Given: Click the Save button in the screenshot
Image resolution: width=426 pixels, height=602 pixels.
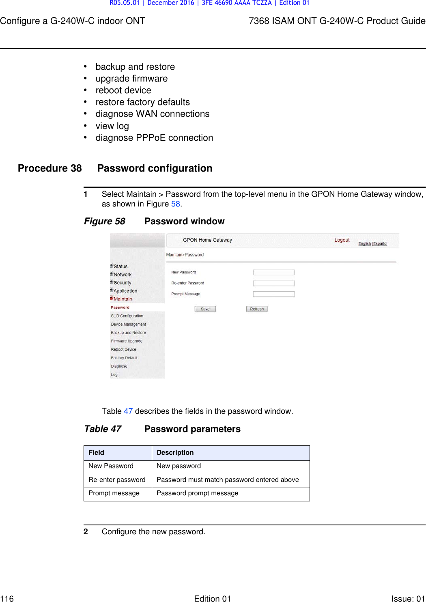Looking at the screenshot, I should [x=205, y=309].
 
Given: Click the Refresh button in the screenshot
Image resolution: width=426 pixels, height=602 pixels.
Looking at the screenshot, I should [x=257, y=309].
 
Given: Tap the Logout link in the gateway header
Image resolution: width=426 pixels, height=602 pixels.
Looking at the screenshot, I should [x=342, y=240].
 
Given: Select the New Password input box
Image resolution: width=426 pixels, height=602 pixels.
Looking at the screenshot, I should [x=273, y=273].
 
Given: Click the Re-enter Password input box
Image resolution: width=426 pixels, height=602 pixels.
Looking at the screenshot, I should [x=273, y=283].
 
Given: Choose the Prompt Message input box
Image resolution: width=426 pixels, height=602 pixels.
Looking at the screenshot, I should [x=273, y=294].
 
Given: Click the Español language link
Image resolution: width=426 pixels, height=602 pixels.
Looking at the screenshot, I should [x=380, y=244].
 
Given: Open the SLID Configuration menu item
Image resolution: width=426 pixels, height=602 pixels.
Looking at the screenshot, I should [x=127, y=316].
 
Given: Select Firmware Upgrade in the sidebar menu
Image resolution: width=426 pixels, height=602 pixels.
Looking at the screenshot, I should [x=127, y=341].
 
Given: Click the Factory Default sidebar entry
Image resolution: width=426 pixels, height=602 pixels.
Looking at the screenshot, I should [x=124, y=358].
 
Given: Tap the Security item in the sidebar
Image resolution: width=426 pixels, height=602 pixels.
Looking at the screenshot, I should [x=122, y=283].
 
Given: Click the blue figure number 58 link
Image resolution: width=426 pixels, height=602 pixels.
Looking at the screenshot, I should [x=175, y=204].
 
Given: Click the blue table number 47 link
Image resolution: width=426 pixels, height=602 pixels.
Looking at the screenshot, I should [x=128, y=411].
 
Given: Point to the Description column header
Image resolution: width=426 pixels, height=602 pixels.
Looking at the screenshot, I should [x=175, y=453].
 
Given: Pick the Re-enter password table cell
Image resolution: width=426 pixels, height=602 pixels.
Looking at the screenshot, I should [x=117, y=480].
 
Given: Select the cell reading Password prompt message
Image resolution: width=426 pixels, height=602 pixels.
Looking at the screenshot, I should [x=197, y=493].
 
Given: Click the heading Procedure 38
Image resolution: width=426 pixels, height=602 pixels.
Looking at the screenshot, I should [x=50, y=168].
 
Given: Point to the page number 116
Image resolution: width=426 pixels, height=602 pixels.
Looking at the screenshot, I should [x=7, y=598].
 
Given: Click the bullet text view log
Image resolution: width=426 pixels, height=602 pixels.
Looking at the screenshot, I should [x=112, y=126].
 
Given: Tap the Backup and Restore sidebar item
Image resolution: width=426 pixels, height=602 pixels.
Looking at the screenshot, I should [x=128, y=333].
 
